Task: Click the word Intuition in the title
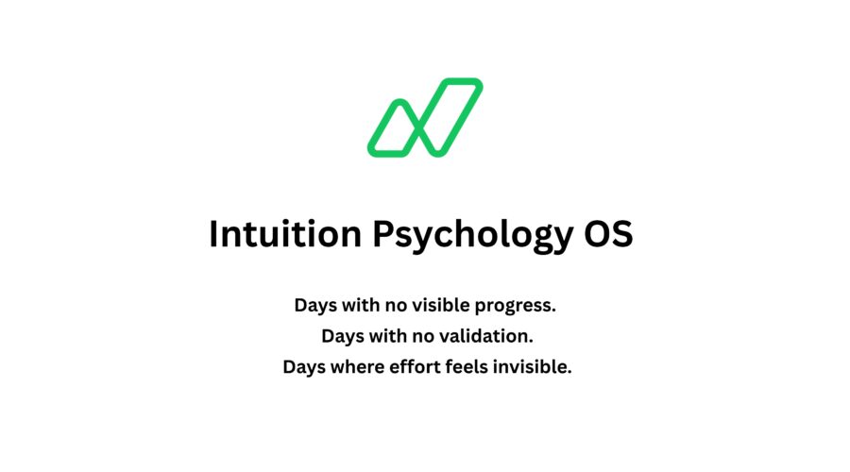pyautogui.click(x=285, y=234)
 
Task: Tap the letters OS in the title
pyautogui.click(x=608, y=234)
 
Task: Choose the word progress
pyautogui.click(x=515, y=307)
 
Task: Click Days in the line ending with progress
pyautogui.click(x=315, y=306)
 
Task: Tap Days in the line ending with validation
pyautogui.click(x=343, y=337)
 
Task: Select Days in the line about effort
pyautogui.click(x=304, y=368)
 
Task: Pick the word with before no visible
pyautogui.click(x=361, y=305)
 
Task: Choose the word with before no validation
pyautogui.click(x=388, y=336)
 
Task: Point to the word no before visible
pyautogui.click(x=397, y=307)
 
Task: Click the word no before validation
pyautogui.click(x=423, y=338)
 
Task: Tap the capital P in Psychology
pyautogui.click(x=383, y=234)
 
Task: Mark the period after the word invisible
pyautogui.click(x=569, y=373)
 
